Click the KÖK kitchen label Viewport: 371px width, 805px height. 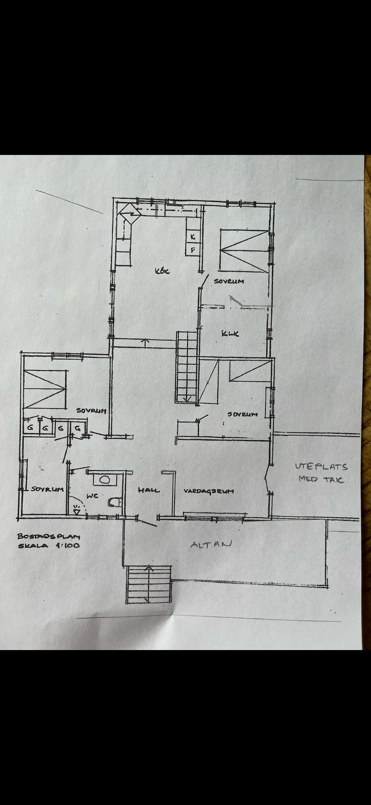162,271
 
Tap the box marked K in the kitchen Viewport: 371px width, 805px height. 193,237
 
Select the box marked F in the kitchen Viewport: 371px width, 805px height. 193,250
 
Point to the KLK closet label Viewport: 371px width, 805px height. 230,333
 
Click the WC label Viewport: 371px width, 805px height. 93,496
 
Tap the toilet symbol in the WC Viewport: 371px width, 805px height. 115,502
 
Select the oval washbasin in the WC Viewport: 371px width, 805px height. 105,480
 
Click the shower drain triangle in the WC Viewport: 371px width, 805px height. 76,511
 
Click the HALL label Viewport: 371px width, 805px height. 149,490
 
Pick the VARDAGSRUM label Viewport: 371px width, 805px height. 209,491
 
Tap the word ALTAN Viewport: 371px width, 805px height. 211,544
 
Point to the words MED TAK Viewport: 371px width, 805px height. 321,479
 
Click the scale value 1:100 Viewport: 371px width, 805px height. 68,545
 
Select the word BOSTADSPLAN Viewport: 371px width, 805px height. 49,536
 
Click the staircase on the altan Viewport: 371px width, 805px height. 149,585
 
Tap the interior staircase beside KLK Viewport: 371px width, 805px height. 187,367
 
